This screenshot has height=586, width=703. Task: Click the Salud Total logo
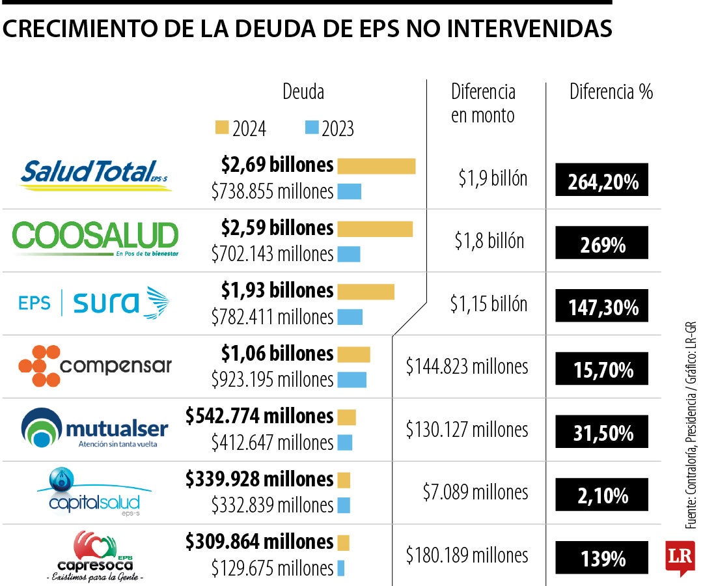click(95, 174)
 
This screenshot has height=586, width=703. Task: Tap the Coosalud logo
click(95, 238)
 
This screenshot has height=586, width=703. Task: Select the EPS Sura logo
click(95, 303)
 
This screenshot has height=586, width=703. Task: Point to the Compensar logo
click(95, 366)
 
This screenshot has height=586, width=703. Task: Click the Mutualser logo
click(95, 428)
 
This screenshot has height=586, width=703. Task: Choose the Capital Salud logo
click(95, 492)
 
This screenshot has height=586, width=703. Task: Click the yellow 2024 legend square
click(222, 127)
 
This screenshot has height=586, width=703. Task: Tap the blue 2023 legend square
click(312, 127)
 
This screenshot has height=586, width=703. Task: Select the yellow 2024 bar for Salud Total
click(376, 166)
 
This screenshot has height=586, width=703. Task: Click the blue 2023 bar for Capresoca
click(340, 568)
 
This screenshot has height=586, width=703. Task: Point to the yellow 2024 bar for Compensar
click(353, 354)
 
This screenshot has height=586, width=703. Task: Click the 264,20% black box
click(602, 180)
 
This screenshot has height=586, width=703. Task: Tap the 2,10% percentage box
click(602, 495)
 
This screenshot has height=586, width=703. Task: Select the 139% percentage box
click(602, 558)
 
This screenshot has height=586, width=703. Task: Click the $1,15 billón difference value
click(488, 304)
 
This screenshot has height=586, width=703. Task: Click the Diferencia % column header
click(611, 92)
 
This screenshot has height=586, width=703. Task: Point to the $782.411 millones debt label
click(272, 317)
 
